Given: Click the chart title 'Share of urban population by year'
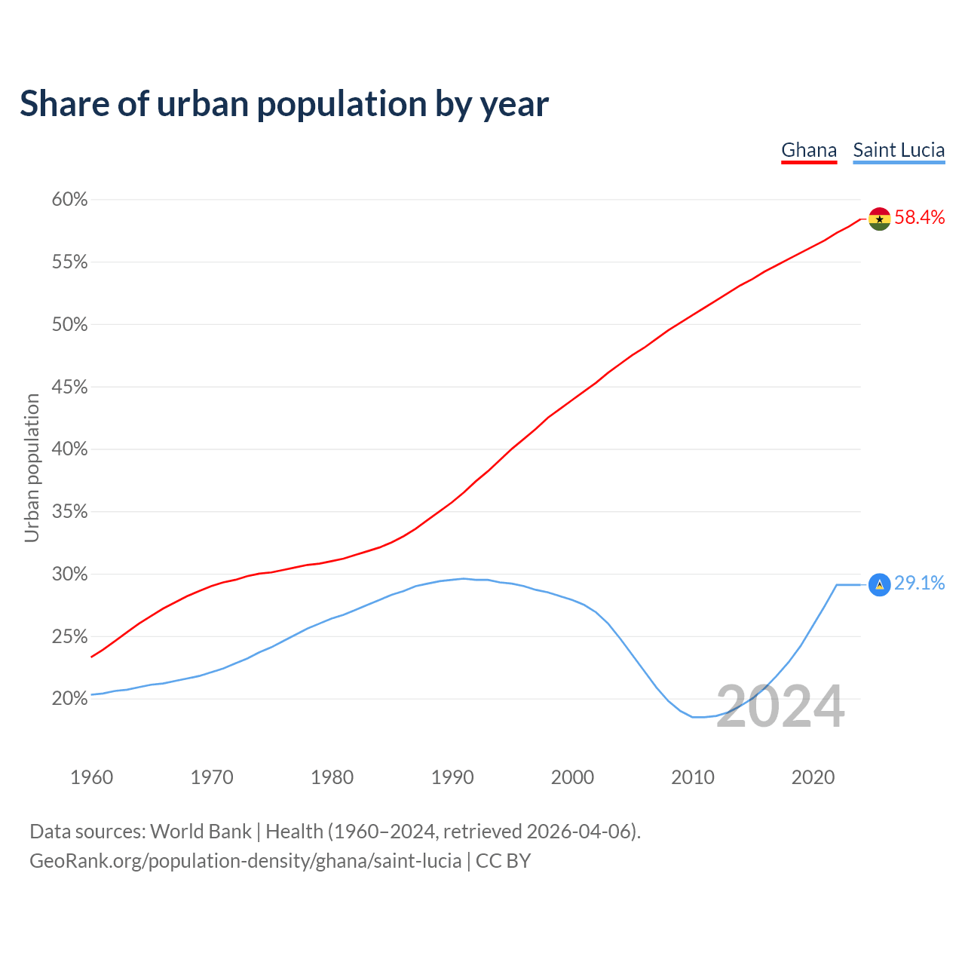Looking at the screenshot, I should [284, 104].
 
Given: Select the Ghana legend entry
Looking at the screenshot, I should [809, 150].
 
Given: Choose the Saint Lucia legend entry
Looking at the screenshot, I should [899, 150].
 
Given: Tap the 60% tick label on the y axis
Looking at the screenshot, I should [69, 200].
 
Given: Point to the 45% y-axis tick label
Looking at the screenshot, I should [69, 388].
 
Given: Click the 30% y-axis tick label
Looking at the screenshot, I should [69, 574].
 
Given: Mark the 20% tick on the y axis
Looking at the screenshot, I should [69, 699].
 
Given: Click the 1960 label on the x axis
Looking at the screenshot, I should [91, 777].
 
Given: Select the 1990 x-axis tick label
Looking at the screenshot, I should [452, 777].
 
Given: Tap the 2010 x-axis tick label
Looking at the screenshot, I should [693, 777].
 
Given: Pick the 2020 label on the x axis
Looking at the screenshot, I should [813, 777].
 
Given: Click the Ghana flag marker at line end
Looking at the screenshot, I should [879, 219].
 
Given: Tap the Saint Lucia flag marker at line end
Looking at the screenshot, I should [879, 584].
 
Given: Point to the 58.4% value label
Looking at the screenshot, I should [920, 218].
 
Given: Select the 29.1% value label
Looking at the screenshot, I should [920, 584].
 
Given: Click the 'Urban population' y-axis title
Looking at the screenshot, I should [32, 467].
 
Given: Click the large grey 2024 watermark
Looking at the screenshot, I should [780, 707].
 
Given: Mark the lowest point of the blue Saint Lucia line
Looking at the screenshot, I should [697, 717].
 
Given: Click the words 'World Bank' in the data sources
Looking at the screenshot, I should [201, 832].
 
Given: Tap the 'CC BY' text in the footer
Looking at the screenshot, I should [503, 861].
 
